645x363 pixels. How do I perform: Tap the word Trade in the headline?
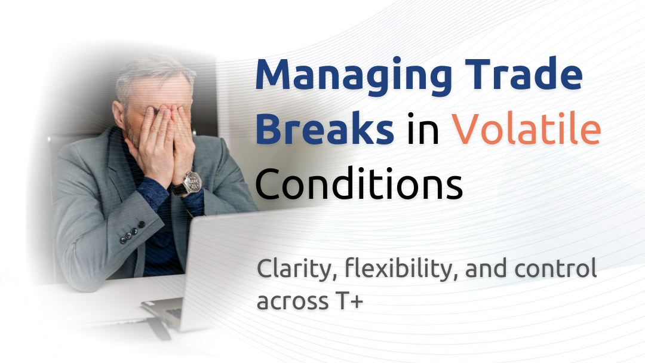point(524,73)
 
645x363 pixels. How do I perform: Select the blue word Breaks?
point(325,127)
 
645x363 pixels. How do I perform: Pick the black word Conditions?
point(359,183)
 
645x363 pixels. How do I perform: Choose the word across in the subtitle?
point(293,302)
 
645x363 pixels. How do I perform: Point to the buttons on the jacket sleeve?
point(132,232)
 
